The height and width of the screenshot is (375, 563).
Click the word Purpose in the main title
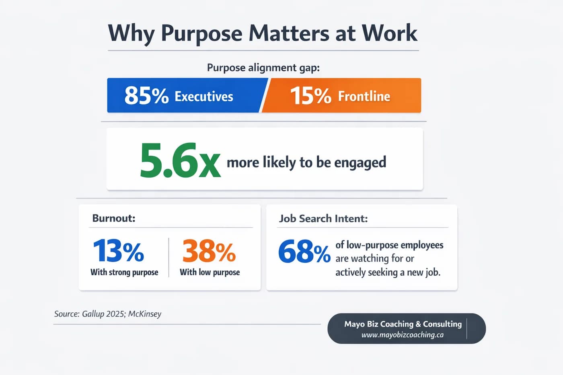click(x=201, y=34)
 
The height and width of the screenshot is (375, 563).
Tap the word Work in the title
click(x=390, y=33)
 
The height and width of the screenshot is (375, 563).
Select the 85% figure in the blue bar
click(x=146, y=96)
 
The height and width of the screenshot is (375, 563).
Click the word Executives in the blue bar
click(x=203, y=96)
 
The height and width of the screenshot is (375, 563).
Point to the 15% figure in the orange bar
click(x=310, y=96)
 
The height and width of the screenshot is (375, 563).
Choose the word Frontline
click(x=364, y=96)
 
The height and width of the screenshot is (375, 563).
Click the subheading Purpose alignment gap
click(x=263, y=68)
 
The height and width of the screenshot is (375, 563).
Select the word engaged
click(x=360, y=162)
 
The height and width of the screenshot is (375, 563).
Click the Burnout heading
click(x=114, y=218)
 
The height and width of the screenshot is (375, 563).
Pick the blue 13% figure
click(x=118, y=251)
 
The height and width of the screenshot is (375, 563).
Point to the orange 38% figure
click(x=209, y=251)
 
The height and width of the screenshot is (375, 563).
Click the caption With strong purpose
click(x=124, y=272)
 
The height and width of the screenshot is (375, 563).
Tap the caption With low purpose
click(x=210, y=272)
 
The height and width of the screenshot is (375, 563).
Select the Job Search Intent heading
click(x=323, y=219)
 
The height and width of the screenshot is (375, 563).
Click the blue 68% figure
click(x=304, y=252)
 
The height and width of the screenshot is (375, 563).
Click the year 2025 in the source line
click(x=115, y=314)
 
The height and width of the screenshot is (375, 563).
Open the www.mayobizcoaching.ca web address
click(x=402, y=335)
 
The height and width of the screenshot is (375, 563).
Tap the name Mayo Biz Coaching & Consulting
click(x=403, y=324)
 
